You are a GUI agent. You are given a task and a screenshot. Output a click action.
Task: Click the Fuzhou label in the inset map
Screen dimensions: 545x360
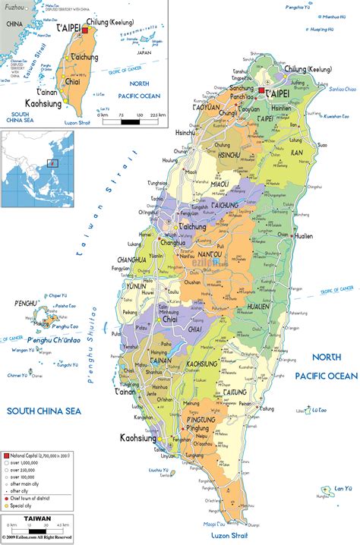[13, 7]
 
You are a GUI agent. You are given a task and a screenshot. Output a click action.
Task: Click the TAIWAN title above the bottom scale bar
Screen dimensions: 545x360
[37, 519]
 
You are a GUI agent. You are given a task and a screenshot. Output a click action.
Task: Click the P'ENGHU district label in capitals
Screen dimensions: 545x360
[27, 304]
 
